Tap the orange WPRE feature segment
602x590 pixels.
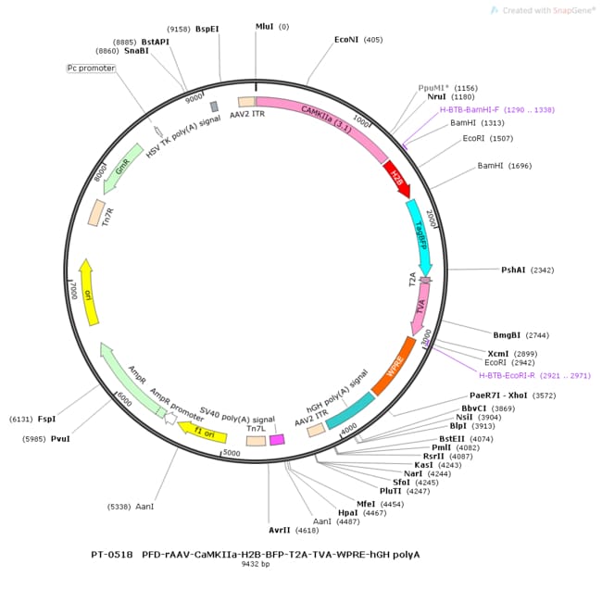coord(394,364)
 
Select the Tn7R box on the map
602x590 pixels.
coord(96,212)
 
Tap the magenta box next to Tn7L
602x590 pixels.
coord(277,439)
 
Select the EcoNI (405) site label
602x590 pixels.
coord(358,40)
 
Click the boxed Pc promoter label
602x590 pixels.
coord(91,68)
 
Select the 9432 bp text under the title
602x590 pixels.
coord(255,564)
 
